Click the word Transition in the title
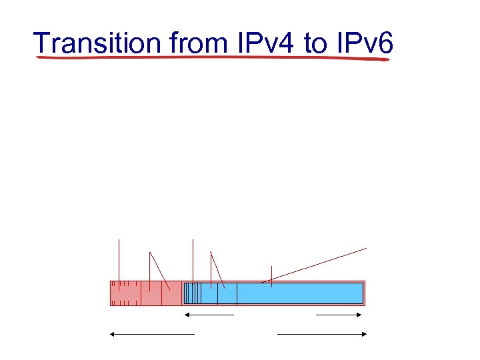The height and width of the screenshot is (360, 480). [98, 43]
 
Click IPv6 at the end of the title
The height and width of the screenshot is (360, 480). [365, 43]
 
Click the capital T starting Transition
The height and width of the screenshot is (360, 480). [43, 43]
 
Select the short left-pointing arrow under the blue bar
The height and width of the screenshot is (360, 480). [209, 314]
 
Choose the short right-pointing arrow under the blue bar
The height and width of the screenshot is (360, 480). [339, 314]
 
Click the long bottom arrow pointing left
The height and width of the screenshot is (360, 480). [152, 333]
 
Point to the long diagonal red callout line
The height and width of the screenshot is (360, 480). [317, 265]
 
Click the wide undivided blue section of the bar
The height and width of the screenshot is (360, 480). [299, 293]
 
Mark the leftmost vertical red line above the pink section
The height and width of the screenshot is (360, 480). [119, 260]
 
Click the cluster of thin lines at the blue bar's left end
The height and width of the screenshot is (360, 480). [192, 293]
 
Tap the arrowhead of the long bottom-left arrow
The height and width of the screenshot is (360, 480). [113, 333]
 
